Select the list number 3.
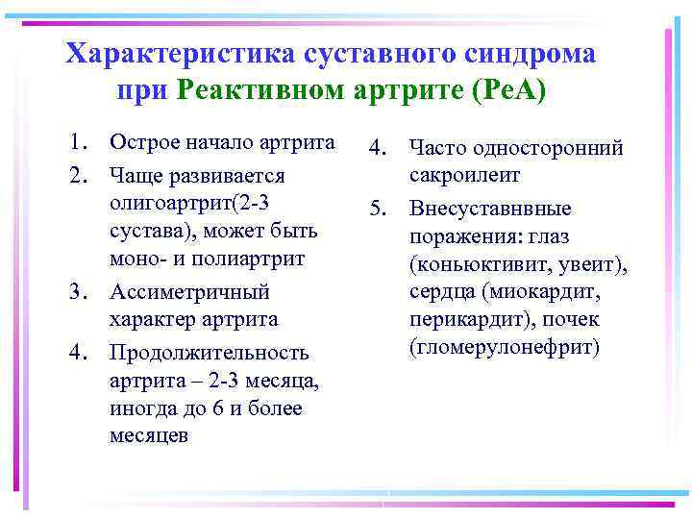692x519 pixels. tap(77, 291)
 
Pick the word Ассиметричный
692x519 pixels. tap(189, 291)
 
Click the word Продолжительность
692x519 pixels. tap(209, 353)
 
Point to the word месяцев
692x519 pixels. tap(149, 435)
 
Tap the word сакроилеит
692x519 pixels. tap(464, 176)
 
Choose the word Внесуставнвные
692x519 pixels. tap(490, 209)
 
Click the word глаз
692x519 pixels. tap(602, 236)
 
